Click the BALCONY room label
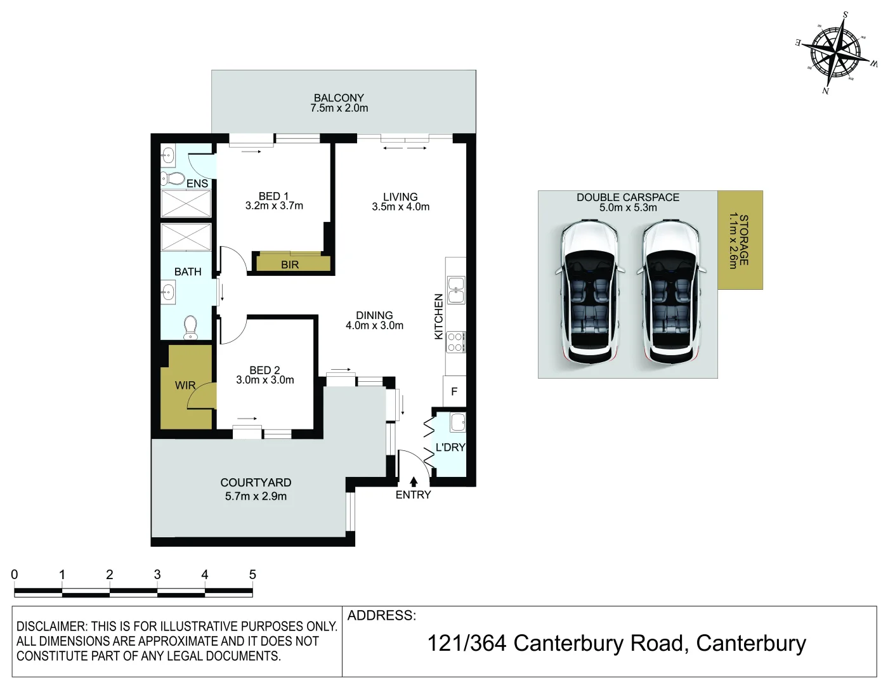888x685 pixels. (339, 98)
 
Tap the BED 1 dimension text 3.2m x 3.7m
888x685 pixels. (274, 206)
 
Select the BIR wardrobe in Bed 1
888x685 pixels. (291, 264)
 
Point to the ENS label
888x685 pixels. (197, 183)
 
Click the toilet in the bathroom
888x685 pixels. (190, 327)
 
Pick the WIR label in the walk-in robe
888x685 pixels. (185, 385)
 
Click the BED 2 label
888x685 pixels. (264, 370)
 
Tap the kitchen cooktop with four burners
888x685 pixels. (455, 342)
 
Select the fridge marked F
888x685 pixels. (454, 391)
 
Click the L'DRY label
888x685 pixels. (450, 447)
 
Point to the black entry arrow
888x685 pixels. (414, 481)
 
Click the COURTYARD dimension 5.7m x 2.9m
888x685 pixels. (256, 496)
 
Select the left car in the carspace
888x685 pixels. (589, 291)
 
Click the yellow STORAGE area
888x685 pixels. (740, 240)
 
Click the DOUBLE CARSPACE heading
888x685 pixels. (627, 197)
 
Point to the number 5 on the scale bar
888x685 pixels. (252, 575)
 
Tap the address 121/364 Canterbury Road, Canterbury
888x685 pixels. (616, 643)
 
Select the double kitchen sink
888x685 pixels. (456, 290)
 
